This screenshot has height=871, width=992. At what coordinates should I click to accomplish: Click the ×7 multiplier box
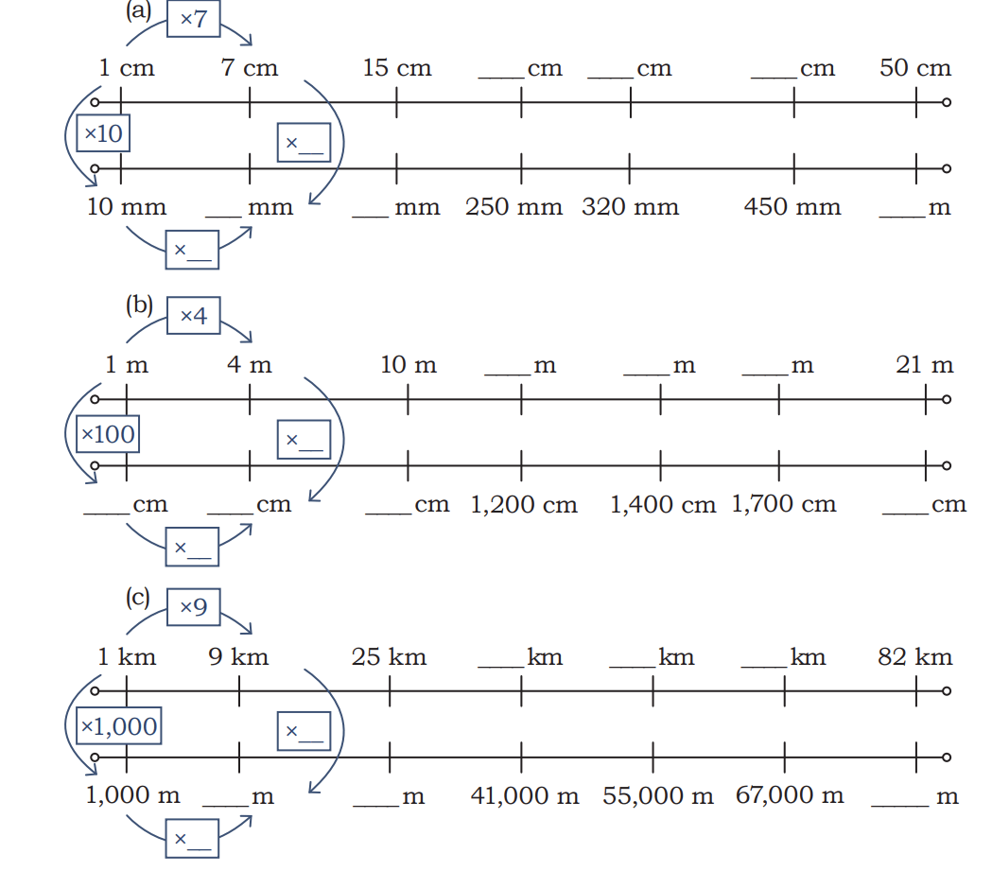(194, 18)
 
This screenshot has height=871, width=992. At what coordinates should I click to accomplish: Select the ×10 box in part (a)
(103, 132)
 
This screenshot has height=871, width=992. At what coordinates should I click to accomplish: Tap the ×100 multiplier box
(108, 434)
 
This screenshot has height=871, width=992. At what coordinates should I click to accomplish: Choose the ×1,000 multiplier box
(119, 725)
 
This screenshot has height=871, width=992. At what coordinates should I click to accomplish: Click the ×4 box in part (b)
(194, 315)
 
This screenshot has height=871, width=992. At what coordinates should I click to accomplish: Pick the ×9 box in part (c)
(194, 606)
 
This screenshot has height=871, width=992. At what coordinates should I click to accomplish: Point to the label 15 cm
(396, 68)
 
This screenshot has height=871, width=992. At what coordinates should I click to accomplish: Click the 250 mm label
(513, 207)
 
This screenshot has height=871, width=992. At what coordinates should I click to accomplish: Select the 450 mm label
(792, 207)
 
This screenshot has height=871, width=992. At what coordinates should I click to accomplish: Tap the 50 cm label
(914, 68)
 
